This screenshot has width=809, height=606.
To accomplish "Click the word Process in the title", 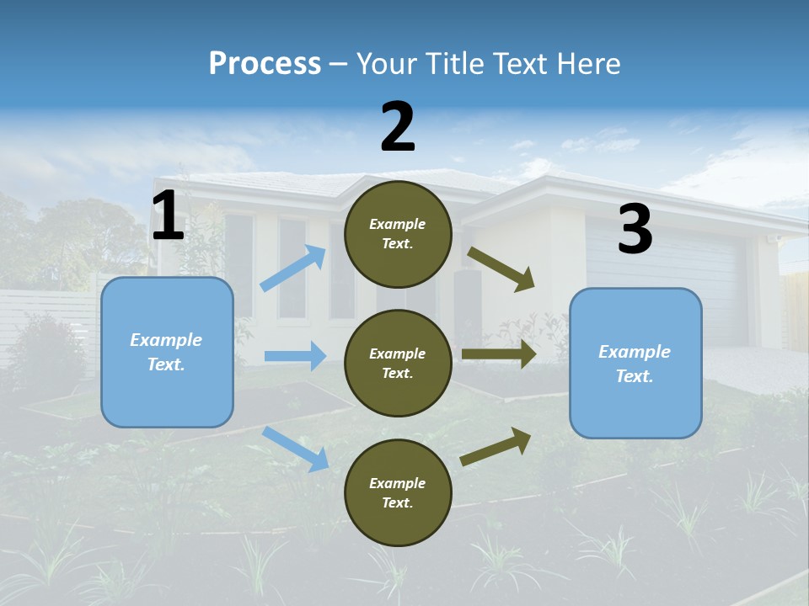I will pos(265,64).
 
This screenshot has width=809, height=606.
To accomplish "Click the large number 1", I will pos(168,216).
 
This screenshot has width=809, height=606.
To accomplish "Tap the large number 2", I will pos(398,127).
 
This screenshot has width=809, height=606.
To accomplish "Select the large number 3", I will pos(635,230).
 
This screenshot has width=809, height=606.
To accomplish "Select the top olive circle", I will pos(398,234).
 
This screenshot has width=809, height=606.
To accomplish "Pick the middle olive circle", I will pos(398,364).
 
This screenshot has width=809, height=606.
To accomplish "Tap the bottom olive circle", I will pos(398,493).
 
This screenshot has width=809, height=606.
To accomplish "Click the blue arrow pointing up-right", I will pos(293,268).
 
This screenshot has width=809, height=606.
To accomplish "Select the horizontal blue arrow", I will pos(295,356).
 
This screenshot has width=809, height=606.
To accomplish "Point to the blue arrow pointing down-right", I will pos(296,449).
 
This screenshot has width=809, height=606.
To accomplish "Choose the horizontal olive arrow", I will pos(499,353).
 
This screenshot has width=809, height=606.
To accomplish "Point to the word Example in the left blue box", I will pos(166,340).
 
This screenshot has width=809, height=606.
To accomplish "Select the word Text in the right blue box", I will pos(634,376).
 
